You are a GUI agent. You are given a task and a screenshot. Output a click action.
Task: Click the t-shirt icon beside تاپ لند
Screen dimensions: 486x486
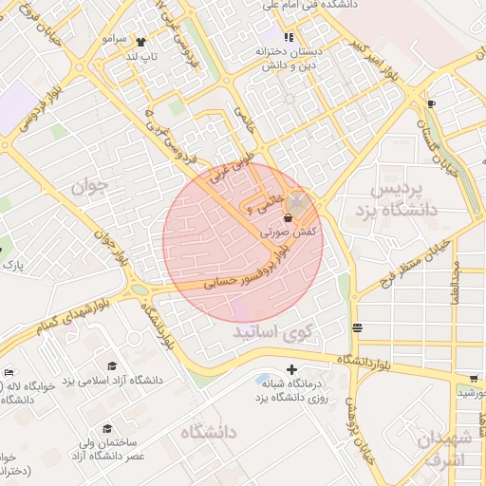(141, 42)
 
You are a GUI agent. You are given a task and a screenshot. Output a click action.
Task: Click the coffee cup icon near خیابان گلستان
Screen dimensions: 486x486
(432, 103)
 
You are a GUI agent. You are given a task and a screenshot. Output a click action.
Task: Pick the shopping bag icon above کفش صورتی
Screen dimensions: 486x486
(288, 218)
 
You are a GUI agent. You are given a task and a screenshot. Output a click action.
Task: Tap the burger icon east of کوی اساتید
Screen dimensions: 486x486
(357, 328)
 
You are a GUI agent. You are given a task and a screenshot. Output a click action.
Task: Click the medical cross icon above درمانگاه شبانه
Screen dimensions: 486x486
(291, 369)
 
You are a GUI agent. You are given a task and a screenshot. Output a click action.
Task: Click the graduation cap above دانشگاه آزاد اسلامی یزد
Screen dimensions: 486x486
(112, 366)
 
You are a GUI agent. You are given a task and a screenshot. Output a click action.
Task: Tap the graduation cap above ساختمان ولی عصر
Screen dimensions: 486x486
(107, 429)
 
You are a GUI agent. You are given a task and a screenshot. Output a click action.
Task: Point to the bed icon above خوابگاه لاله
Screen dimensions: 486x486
(9, 371)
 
